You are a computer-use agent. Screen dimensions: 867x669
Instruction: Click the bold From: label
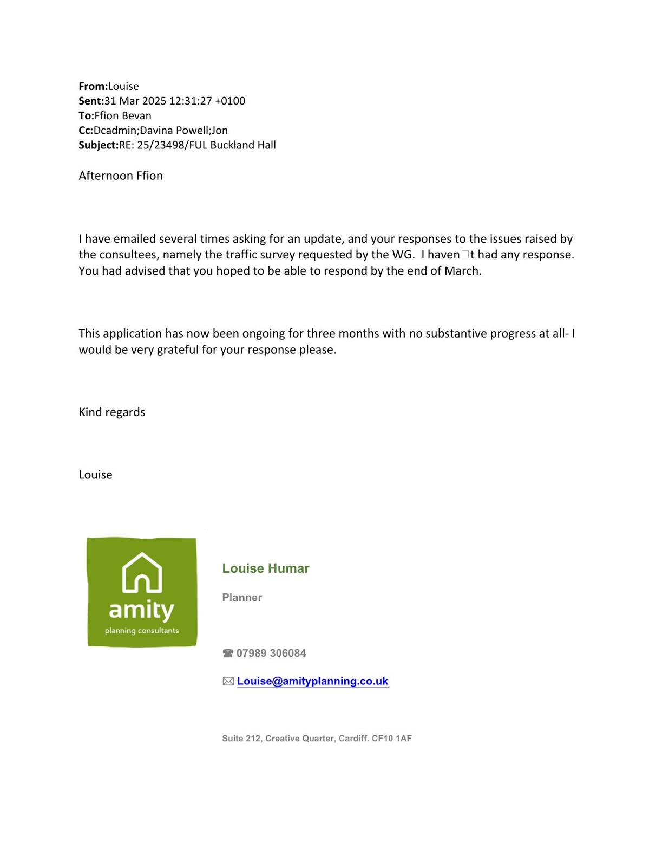coord(93,86)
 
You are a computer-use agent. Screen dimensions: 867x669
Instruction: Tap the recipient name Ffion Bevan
coord(123,115)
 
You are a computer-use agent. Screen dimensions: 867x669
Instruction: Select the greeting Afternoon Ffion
coord(121,176)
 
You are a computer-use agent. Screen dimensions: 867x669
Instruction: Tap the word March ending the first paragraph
coord(462,270)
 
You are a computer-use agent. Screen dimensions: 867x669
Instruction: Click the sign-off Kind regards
coord(112,412)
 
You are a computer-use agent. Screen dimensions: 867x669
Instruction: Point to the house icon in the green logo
coord(142,573)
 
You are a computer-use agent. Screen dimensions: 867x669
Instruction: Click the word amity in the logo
coord(141,610)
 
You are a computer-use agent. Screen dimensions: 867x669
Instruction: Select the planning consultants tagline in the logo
coord(142,631)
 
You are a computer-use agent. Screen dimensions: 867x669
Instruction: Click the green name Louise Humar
coord(266,568)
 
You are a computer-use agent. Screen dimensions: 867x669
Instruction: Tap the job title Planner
coord(242,597)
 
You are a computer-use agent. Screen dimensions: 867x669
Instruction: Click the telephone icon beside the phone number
coord(228,654)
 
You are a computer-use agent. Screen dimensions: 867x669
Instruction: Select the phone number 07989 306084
coord(271,653)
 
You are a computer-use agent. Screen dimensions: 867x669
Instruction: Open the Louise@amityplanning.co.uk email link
coord(312,681)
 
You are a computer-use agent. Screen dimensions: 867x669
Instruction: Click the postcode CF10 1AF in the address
coord(392,738)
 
